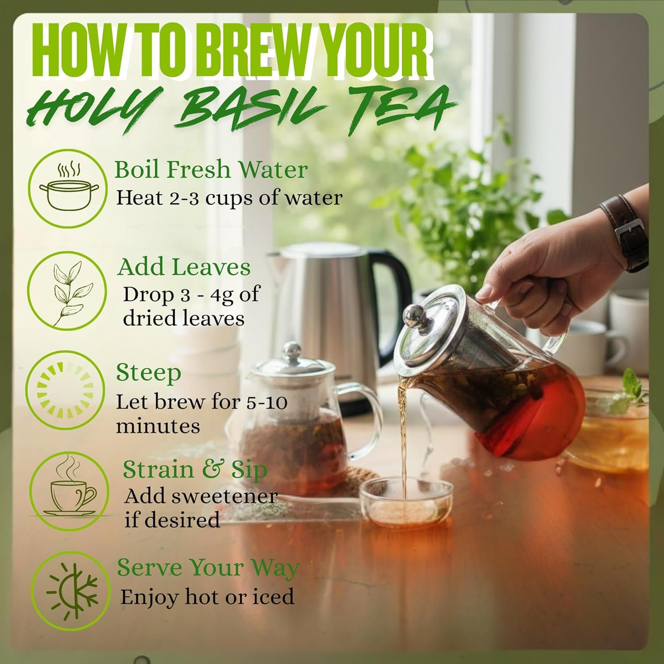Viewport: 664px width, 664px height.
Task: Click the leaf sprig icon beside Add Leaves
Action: point(68,293)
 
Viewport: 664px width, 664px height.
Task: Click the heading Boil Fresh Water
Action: point(211,170)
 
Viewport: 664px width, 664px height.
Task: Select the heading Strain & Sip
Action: point(195,470)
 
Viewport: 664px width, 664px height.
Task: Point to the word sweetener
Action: point(223,497)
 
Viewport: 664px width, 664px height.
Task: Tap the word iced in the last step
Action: point(273,597)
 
